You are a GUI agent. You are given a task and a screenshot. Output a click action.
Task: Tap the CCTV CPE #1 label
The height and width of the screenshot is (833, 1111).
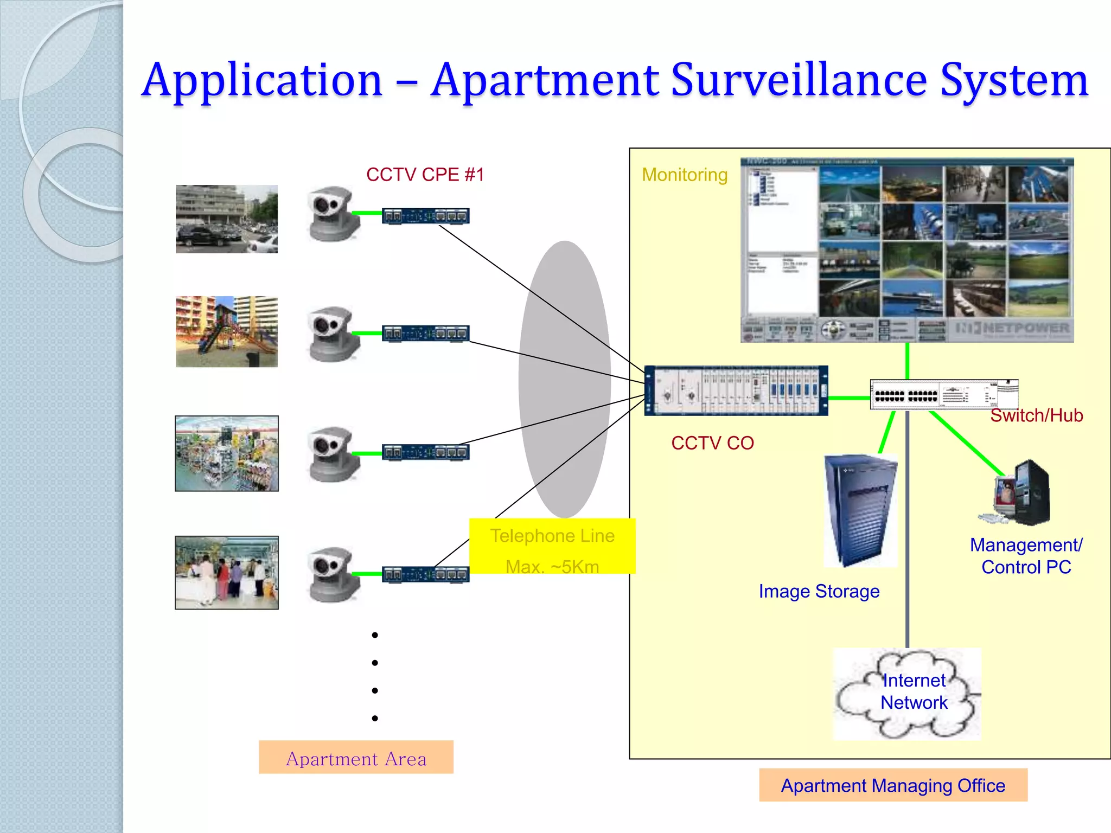(x=425, y=175)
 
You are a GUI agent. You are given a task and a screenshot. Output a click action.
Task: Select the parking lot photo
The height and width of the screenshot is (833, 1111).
(x=226, y=219)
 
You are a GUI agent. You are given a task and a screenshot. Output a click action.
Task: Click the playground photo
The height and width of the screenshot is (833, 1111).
(x=226, y=331)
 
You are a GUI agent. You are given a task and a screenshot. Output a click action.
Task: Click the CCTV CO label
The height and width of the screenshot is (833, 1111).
(x=712, y=443)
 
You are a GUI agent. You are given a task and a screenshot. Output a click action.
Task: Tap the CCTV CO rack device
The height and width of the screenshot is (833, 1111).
(x=736, y=390)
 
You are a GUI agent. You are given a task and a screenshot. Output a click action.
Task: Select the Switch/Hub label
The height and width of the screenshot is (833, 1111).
(x=1036, y=415)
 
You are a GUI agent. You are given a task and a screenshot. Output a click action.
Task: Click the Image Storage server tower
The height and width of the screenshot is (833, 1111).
(x=859, y=510)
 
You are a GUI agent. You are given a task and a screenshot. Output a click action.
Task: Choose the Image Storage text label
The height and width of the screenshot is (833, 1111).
(x=819, y=591)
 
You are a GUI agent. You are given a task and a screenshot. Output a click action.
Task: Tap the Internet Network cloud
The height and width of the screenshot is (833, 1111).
(x=907, y=694)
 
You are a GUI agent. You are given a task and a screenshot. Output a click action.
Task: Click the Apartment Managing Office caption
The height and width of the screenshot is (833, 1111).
(x=893, y=785)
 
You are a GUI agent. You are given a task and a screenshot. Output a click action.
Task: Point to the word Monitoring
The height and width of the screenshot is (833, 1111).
(x=685, y=175)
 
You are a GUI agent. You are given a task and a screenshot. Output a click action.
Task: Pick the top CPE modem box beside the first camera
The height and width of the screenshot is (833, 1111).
(x=426, y=216)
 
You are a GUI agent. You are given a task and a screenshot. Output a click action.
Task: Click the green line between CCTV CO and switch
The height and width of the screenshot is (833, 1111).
(x=849, y=398)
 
